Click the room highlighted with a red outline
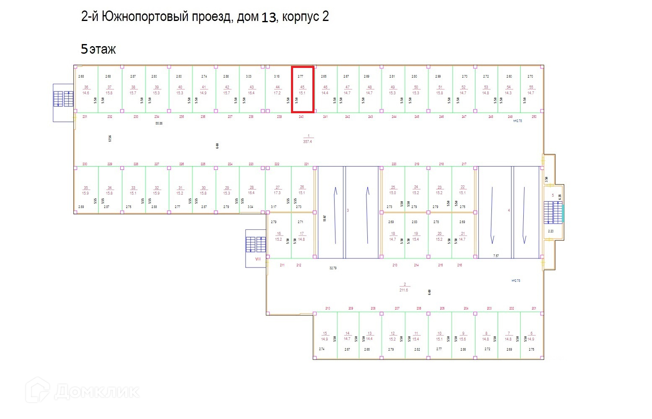pyautogui.click(x=302, y=89)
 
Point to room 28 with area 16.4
pyautogui.click(x=251, y=190)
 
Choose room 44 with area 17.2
pyautogui.click(x=277, y=90)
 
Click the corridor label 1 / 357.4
pyautogui.click(x=308, y=139)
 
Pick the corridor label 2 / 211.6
pyautogui.click(x=404, y=287)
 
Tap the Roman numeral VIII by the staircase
pyautogui.click(x=258, y=259)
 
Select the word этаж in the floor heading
pyautogui.click(x=102, y=50)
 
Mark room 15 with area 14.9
pyautogui.click(x=325, y=336)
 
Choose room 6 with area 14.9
pyautogui.click(x=531, y=336)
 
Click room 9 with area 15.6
pyautogui.click(x=462, y=336)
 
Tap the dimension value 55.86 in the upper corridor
pyautogui.click(x=159, y=124)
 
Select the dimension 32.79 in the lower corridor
pyautogui.click(x=333, y=268)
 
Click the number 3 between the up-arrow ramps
pyautogui.click(x=348, y=211)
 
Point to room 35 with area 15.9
pyautogui.click(x=86, y=190)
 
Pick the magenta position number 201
pyautogui.click(x=534, y=308)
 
